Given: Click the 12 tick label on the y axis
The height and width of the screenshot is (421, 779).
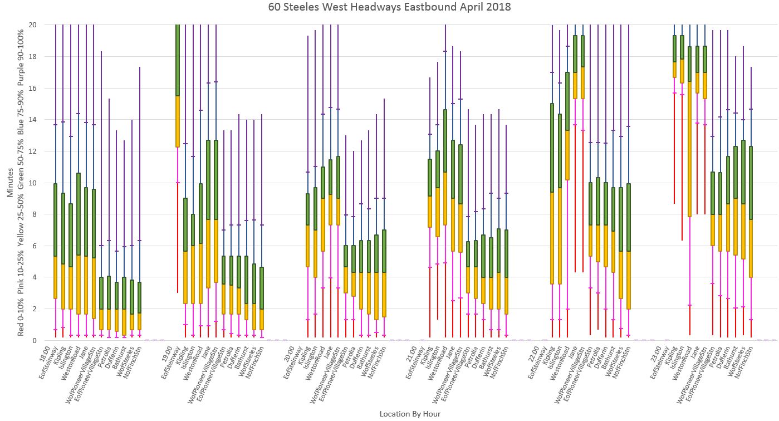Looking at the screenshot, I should click(x=32, y=151).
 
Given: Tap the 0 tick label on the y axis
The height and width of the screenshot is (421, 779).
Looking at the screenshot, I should click(x=35, y=340).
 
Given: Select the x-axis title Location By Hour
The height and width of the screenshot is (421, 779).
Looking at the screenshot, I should click(x=410, y=414).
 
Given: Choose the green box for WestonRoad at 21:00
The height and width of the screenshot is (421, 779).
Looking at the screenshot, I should click(x=445, y=140).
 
